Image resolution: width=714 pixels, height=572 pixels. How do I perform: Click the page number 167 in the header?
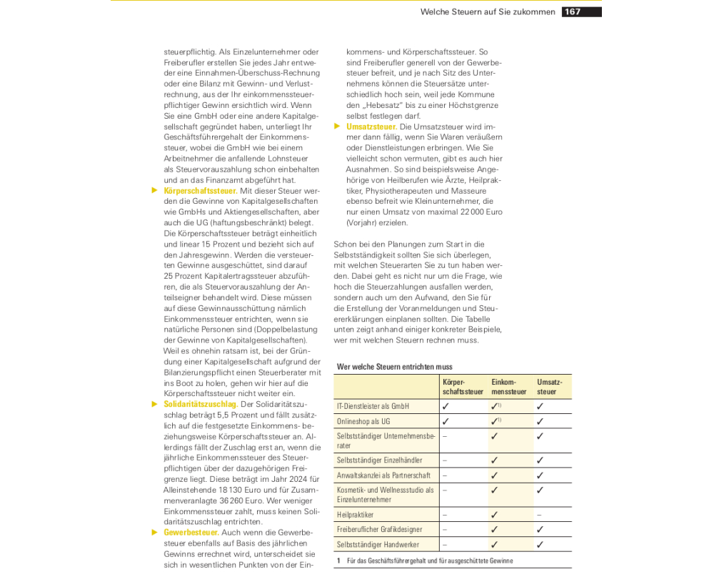573,11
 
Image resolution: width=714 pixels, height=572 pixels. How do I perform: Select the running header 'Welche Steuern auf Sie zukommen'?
488,11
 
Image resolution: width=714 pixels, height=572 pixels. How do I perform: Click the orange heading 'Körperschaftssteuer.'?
201,191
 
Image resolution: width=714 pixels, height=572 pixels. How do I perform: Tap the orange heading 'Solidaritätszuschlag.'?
201,404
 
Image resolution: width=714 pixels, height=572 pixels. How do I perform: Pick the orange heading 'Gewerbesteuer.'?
191,533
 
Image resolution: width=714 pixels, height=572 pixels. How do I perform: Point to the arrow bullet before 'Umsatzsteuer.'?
338,127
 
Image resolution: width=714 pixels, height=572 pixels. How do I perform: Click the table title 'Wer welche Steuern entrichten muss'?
395,367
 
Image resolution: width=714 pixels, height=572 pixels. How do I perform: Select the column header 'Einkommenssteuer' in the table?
509,387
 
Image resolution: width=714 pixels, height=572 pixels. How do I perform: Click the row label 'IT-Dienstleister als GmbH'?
373,406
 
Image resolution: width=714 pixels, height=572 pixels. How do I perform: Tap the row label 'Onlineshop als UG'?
363,421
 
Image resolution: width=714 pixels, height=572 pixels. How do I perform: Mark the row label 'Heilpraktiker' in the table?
355,514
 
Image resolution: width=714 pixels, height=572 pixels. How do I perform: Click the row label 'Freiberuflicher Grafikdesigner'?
379,530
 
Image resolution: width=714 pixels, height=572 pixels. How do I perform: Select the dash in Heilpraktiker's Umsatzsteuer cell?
539,514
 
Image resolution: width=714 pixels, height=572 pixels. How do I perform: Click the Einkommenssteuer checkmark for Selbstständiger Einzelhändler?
494,460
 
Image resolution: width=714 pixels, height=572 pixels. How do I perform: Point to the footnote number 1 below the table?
338,561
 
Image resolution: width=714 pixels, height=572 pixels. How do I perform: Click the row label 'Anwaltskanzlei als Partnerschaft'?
383,475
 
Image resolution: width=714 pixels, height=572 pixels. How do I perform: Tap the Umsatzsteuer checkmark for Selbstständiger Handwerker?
540,545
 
